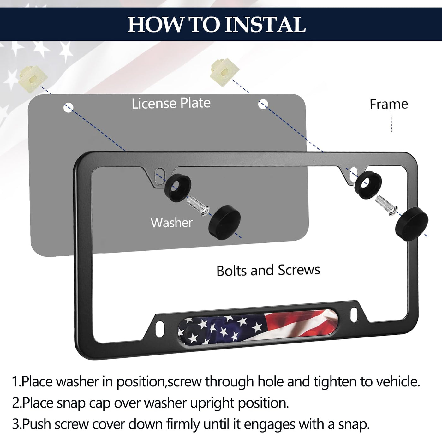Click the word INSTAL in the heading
pos(265,25)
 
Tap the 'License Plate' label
pos(171,103)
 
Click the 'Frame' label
pos(389,104)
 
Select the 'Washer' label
pos(171,223)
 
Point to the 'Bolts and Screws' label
pos(268,270)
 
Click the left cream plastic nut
pos(33,78)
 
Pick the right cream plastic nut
pos(224,72)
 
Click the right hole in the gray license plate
pos(263,104)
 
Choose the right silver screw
pos(386,205)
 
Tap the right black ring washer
pos(368,185)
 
